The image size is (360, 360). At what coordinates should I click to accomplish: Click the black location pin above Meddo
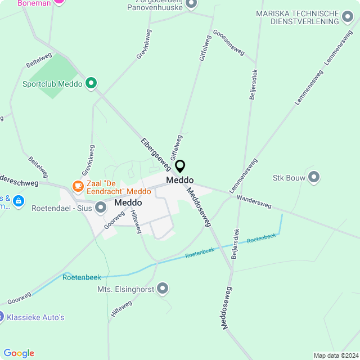coord(180,166)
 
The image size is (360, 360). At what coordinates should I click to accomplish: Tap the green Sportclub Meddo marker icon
coord(91,84)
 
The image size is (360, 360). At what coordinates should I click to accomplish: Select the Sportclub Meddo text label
coord(52,84)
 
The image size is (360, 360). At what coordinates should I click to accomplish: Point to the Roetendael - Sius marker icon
coord(101,208)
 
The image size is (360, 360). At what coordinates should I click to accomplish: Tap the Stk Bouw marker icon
coord(314,178)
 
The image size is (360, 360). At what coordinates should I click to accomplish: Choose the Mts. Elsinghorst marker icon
coord(163,289)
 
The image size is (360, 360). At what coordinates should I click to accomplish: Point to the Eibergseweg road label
coord(155,154)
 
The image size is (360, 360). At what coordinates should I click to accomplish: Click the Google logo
coord(19,353)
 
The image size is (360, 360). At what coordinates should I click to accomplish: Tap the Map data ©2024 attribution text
coord(335,355)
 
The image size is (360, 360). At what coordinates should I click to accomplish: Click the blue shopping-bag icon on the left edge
coord(18,201)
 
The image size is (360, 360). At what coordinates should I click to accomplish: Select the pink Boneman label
coord(34,3)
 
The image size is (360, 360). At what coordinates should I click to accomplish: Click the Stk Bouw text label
coord(289,178)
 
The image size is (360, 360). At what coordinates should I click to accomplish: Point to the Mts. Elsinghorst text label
coord(125,289)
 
